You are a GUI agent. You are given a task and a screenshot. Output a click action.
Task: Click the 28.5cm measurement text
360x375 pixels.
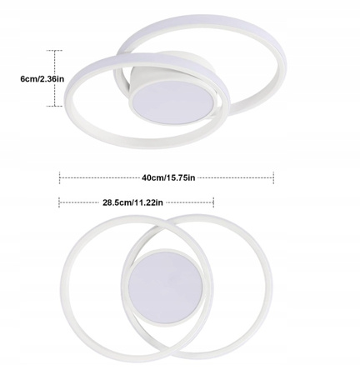pos(117,201)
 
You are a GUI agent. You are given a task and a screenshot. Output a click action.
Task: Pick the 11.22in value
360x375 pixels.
pos(151,201)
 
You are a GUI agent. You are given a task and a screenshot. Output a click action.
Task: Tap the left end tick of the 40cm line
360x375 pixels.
pos(60,177)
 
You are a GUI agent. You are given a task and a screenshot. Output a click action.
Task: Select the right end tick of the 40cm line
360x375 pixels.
pos(274,177)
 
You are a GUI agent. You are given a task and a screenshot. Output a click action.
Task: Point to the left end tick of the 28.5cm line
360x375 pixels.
pos(60,201)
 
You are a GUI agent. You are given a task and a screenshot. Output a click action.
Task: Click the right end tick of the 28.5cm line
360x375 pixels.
pos(214,201)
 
